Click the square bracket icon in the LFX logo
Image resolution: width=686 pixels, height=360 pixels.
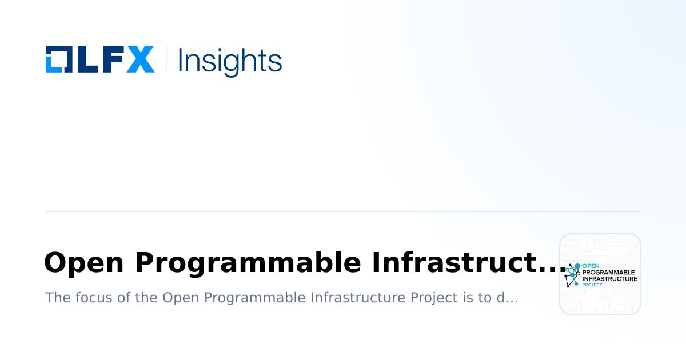(x=58, y=59)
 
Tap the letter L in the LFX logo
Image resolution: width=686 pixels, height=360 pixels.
(x=85, y=59)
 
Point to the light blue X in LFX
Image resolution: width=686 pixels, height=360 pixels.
(x=140, y=59)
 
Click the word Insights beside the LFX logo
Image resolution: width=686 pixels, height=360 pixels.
(x=230, y=61)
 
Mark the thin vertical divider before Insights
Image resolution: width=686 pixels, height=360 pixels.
(x=166, y=59)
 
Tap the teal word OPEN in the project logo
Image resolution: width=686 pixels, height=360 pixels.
(x=591, y=266)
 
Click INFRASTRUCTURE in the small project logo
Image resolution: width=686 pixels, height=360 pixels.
(x=609, y=279)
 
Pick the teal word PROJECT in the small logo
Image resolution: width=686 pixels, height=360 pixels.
(x=592, y=285)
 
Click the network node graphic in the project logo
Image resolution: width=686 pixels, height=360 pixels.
(x=572, y=275)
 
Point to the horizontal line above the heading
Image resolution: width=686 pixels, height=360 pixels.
(x=343, y=211)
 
